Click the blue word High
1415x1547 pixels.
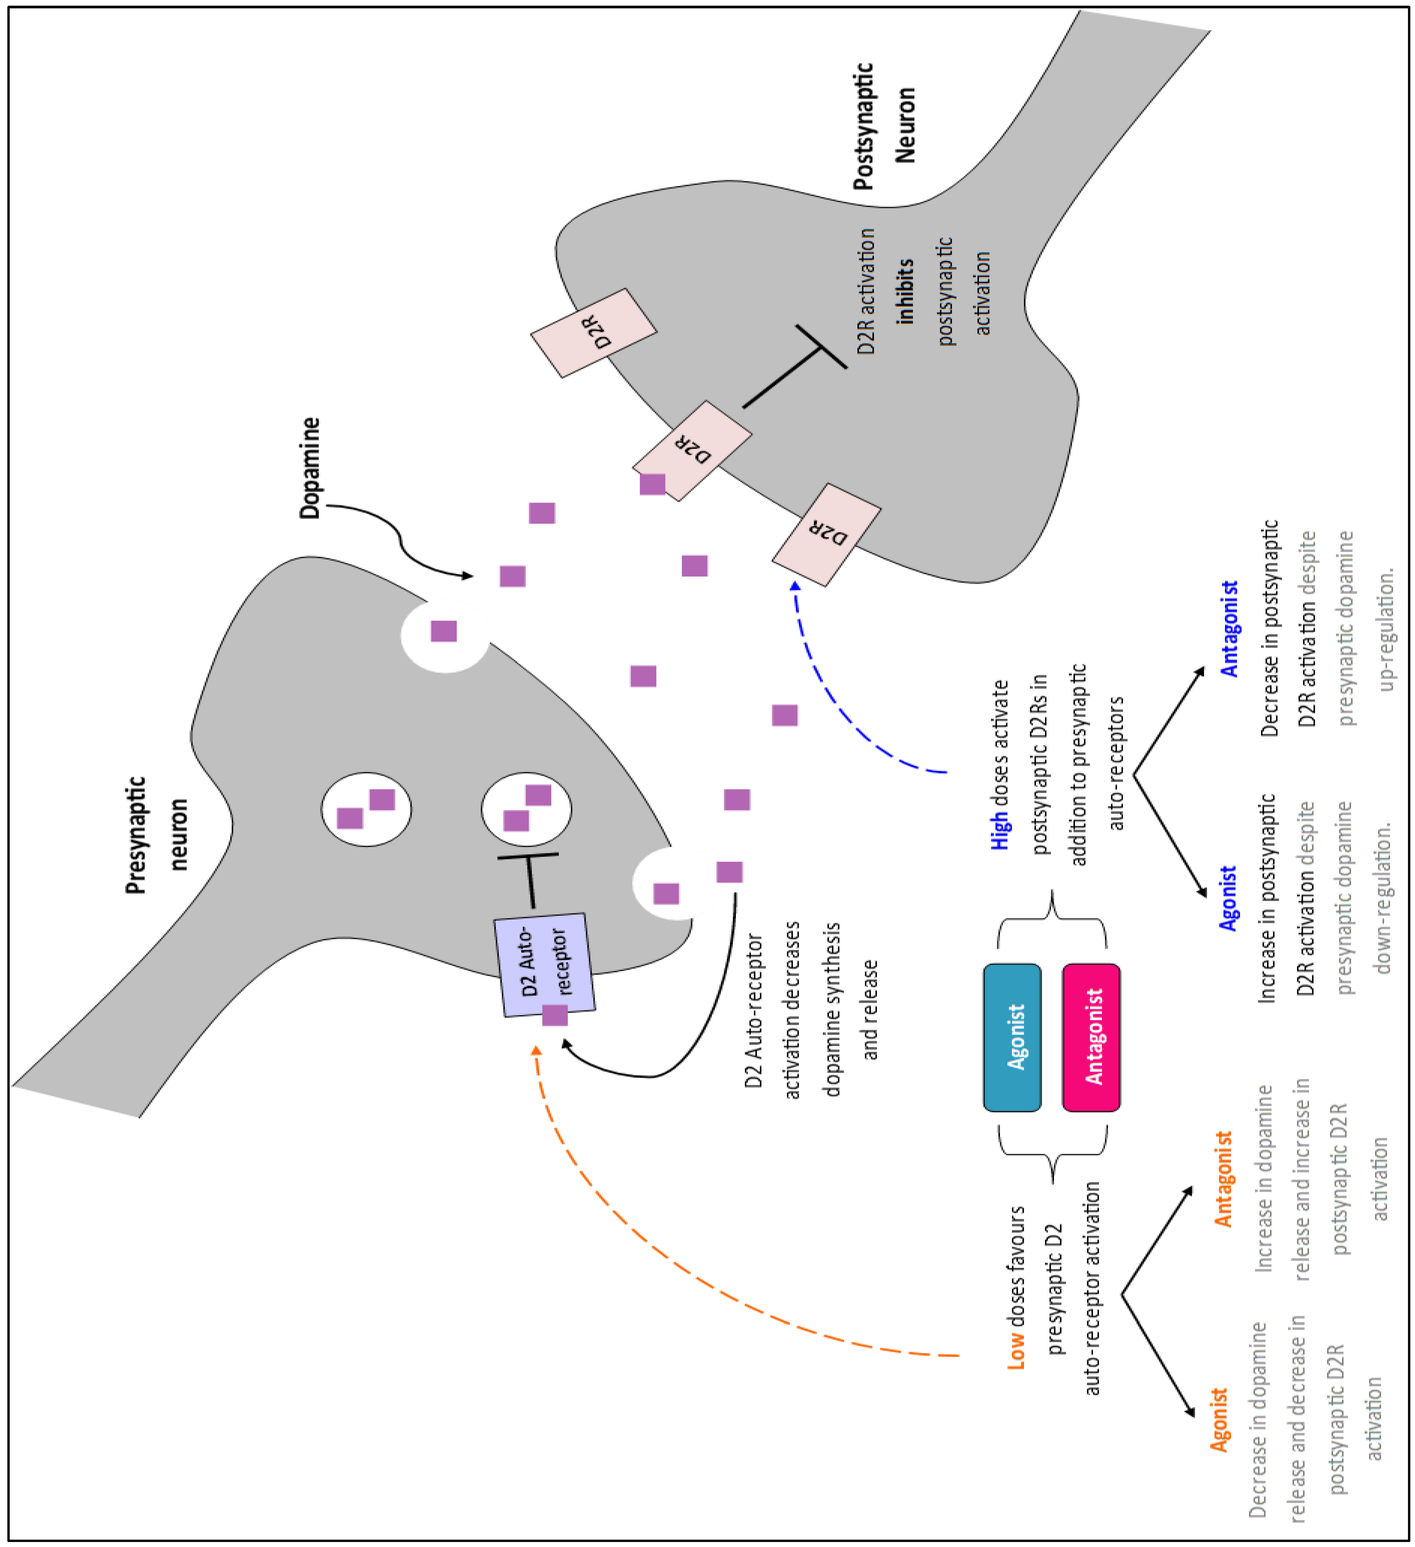pyautogui.click(x=999, y=831)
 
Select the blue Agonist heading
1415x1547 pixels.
pyautogui.click(x=1228, y=898)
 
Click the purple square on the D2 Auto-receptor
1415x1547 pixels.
pyautogui.click(x=555, y=1014)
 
